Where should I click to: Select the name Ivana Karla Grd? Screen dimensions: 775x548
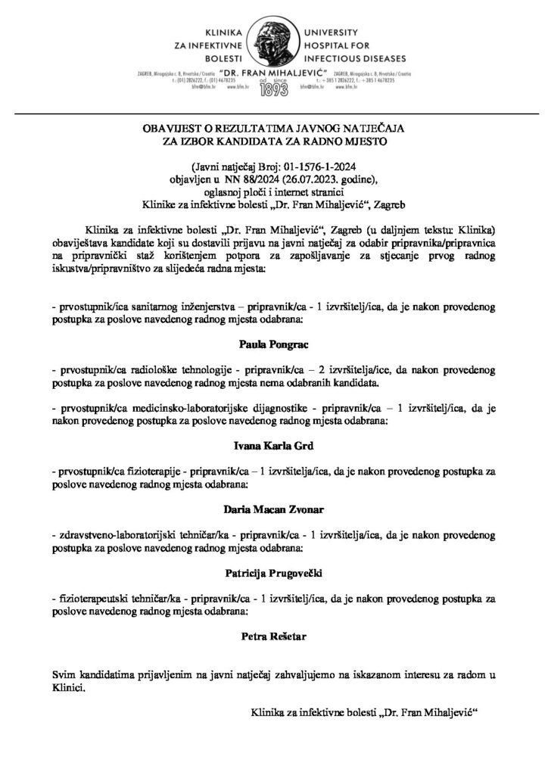(274, 447)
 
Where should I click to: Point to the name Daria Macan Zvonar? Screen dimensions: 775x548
(274, 511)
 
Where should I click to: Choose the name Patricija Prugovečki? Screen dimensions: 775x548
(274, 575)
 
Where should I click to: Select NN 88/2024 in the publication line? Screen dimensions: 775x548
(230, 179)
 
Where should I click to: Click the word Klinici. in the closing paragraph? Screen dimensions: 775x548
(69, 688)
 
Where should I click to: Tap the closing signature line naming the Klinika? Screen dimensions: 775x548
(364, 713)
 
